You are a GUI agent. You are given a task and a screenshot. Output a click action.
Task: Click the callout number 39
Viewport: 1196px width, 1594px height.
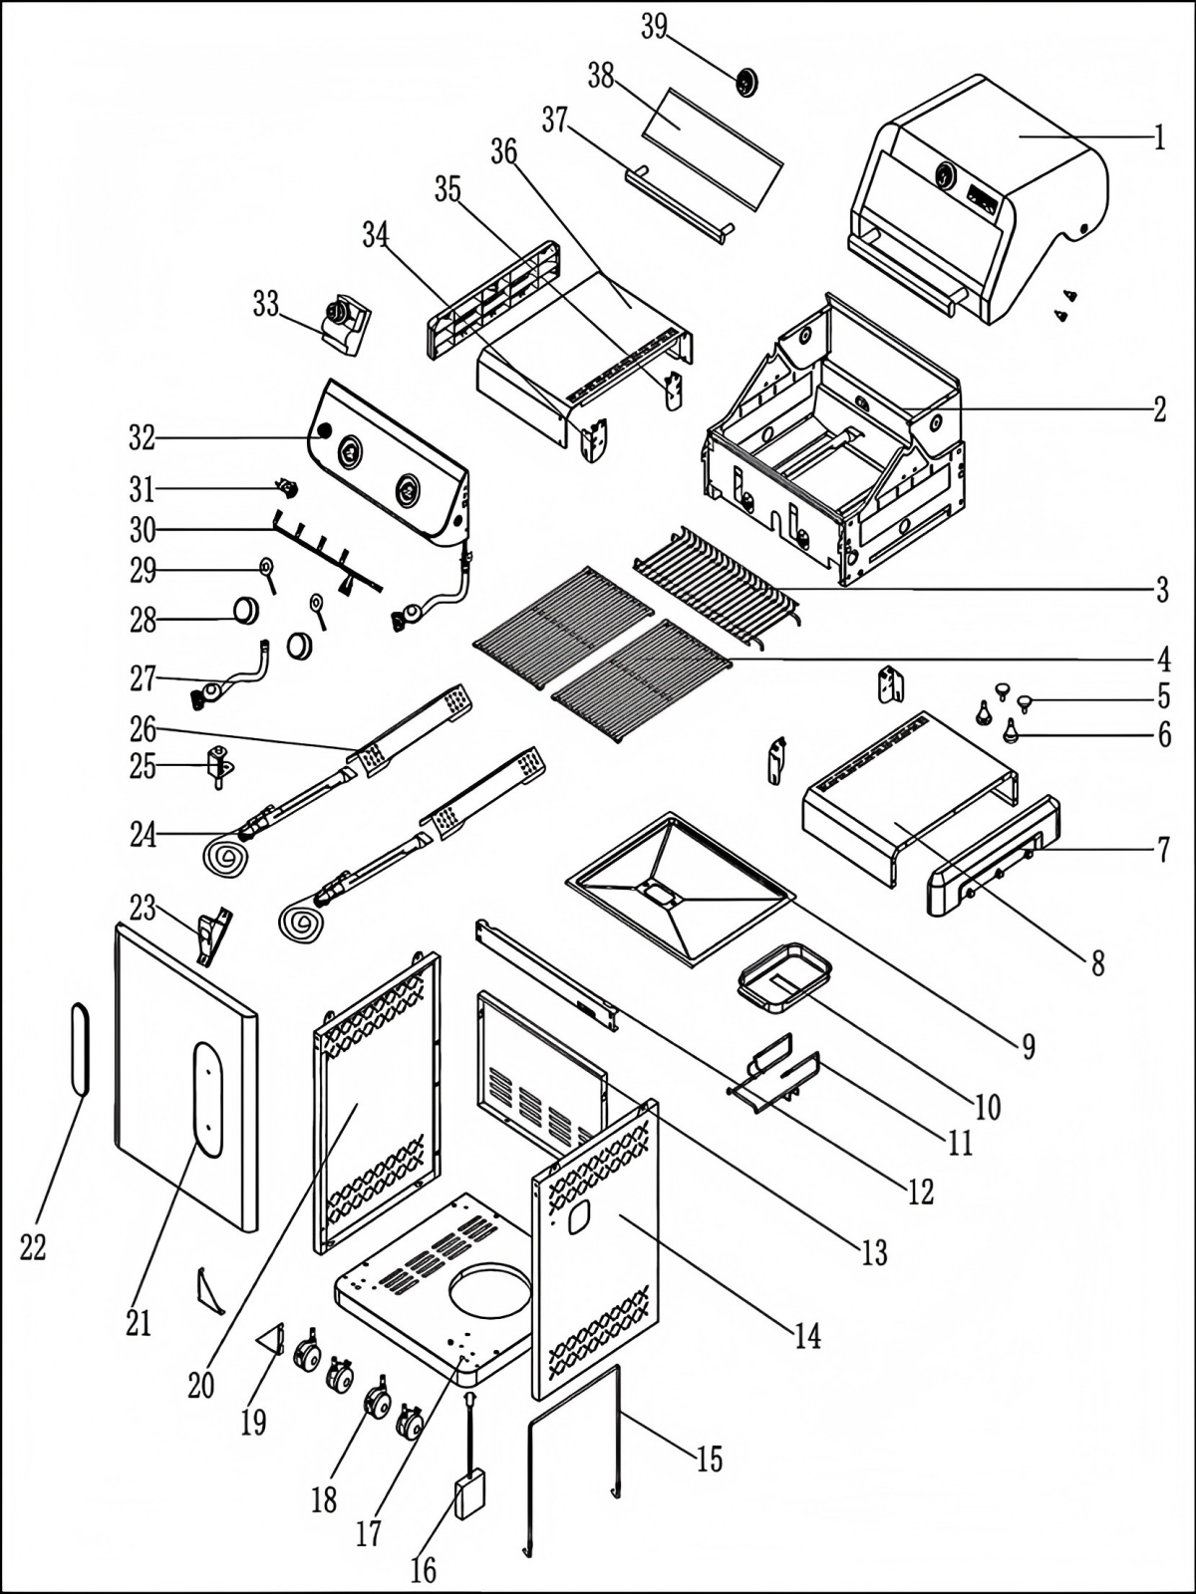(654, 27)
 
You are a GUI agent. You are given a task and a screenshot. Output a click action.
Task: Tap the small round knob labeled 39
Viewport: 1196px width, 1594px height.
(747, 82)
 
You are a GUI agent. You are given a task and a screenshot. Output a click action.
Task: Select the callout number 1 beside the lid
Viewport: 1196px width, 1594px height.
(1159, 136)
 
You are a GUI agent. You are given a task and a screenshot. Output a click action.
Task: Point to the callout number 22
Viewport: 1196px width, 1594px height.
(33, 1247)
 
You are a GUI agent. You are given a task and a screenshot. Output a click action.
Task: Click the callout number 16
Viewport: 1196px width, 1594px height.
(424, 1571)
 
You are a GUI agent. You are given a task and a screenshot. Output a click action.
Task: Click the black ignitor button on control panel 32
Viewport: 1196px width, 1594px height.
(323, 430)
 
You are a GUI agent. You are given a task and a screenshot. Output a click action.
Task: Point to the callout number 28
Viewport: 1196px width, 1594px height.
(143, 621)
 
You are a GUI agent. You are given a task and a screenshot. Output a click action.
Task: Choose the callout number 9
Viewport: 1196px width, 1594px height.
(1028, 1045)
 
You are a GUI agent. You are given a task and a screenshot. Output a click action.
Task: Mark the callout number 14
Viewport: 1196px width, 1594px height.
(807, 1336)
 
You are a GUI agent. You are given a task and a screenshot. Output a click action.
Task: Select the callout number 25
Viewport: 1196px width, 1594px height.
(144, 767)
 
